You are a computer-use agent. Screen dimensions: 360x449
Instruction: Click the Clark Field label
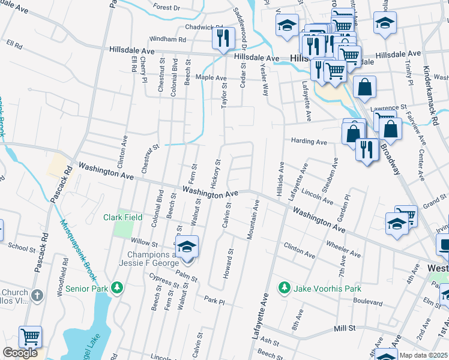pyautogui.click(x=122, y=217)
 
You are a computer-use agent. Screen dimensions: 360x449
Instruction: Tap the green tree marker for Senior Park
pyautogui.click(x=118, y=289)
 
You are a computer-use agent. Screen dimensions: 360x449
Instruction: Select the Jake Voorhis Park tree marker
pyautogui.click(x=285, y=289)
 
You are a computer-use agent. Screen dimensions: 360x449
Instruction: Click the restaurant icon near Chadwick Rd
pyautogui.click(x=223, y=40)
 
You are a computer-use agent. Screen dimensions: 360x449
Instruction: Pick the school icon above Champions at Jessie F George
pyautogui.click(x=187, y=247)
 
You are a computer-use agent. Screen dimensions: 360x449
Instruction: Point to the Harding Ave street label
pyautogui.click(x=309, y=142)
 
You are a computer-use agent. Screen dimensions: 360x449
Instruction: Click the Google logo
pyautogui.click(x=20, y=353)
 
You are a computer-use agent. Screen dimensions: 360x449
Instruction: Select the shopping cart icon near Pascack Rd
pyautogui.click(x=29, y=338)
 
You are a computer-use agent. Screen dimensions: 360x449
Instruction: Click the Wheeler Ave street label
pyautogui.click(x=343, y=250)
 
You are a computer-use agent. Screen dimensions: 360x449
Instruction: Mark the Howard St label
pyautogui.click(x=228, y=264)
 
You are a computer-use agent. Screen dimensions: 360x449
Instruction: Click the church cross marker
pyautogui.click(x=37, y=295)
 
